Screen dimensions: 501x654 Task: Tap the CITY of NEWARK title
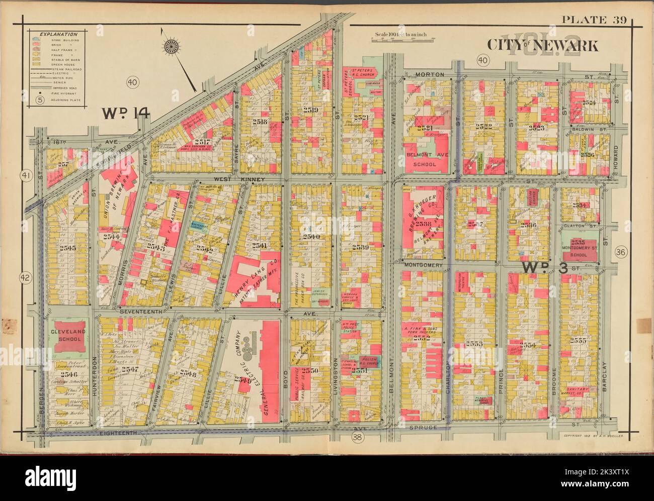tap(542, 46)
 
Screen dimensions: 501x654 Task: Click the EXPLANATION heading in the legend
tap(55, 33)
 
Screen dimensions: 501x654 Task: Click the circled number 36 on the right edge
tap(619, 253)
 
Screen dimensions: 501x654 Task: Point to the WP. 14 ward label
tap(126, 114)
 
